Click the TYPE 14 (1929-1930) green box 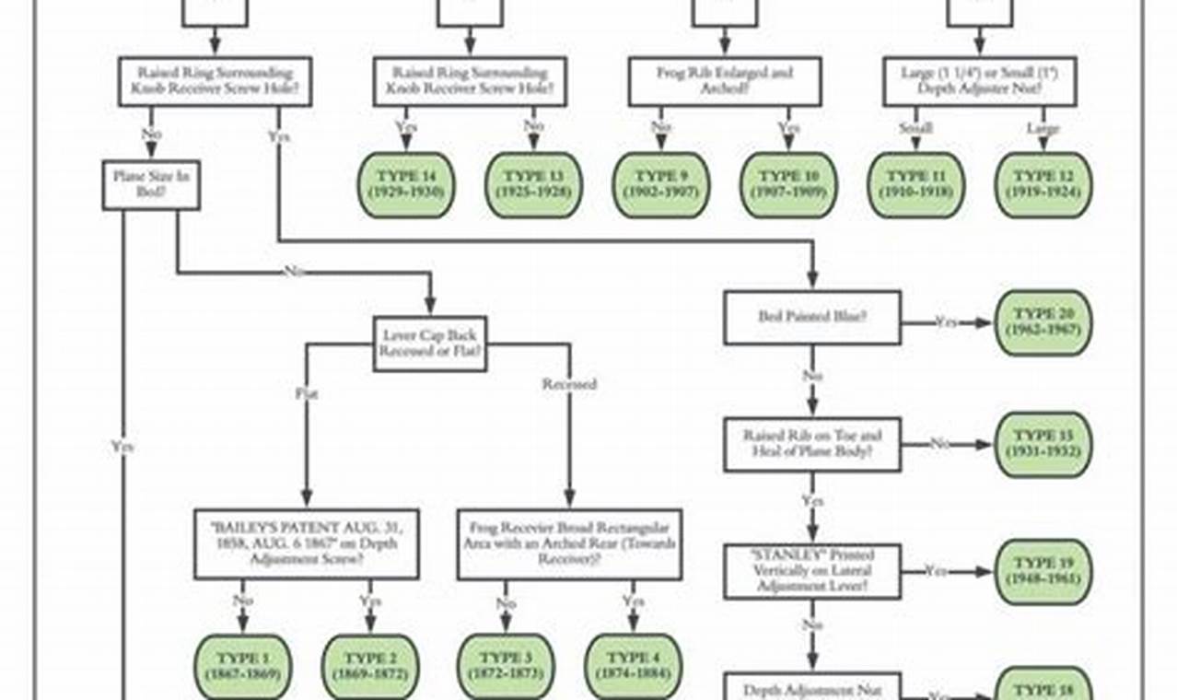click(x=405, y=184)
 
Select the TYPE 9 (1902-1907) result click(x=660, y=184)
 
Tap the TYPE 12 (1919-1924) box click(x=1043, y=184)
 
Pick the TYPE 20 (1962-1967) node click(x=1043, y=321)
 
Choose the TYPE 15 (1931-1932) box click(x=1043, y=444)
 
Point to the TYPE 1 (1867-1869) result click(x=243, y=666)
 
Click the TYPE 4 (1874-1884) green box click(x=633, y=666)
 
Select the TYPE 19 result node click(x=1043, y=571)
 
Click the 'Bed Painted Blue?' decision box click(x=811, y=318)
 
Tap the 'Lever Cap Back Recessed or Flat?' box click(x=430, y=344)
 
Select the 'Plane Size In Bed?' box click(x=150, y=184)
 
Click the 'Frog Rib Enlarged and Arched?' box click(x=724, y=81)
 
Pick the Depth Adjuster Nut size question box click(x=979, y=81)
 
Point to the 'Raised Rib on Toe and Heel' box click(x=811, y=444)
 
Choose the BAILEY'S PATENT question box click(x=306, y=543)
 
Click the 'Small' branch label click(x=915, y=130)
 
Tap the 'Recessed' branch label click(x=569, y=384)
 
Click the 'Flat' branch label click(x=307, y=393)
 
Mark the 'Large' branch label click(x=1043, y=130)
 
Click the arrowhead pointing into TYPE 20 click(x=985, y=322)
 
